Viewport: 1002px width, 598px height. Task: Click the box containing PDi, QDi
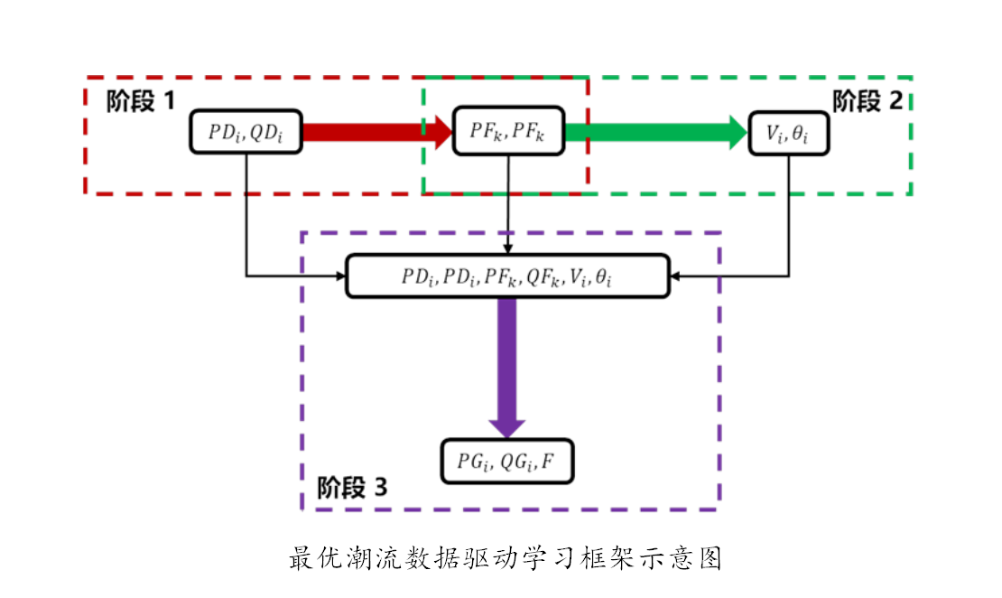245,132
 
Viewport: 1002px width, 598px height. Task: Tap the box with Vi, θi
789,132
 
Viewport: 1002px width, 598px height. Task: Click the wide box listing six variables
508,276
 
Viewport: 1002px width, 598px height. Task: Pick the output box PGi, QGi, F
508,463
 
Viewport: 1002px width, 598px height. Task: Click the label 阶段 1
140,101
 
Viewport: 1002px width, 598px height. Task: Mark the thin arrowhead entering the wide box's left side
341,276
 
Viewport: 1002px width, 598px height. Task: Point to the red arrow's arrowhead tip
450,132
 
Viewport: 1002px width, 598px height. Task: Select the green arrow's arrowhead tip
747,132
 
